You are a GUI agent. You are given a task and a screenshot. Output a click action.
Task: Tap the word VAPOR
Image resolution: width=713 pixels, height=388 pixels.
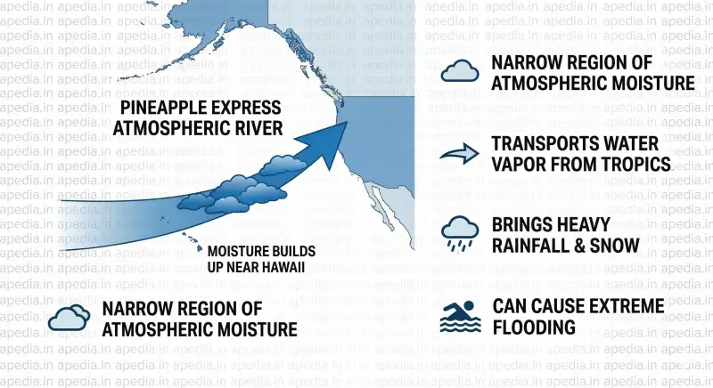point(517,165)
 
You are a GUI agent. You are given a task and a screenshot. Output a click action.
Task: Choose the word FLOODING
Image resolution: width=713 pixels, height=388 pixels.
point(534,327)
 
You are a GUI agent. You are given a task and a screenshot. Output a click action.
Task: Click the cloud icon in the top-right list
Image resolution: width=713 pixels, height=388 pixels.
point(462,72)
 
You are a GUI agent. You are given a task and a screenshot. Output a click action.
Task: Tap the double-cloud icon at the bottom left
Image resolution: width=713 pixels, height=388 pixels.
point(69,318)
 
